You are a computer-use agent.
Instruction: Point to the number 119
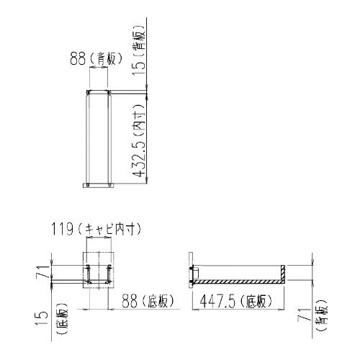(x=63, y=230)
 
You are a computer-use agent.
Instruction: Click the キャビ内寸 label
(x=109, y=230)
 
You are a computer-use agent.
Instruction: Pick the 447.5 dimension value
(x=217, y=302)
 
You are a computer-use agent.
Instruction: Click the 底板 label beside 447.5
(x=256, y=302)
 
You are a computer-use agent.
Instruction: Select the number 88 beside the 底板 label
(x=130, y=302)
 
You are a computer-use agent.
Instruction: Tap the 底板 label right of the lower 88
(x=157, y=302)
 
